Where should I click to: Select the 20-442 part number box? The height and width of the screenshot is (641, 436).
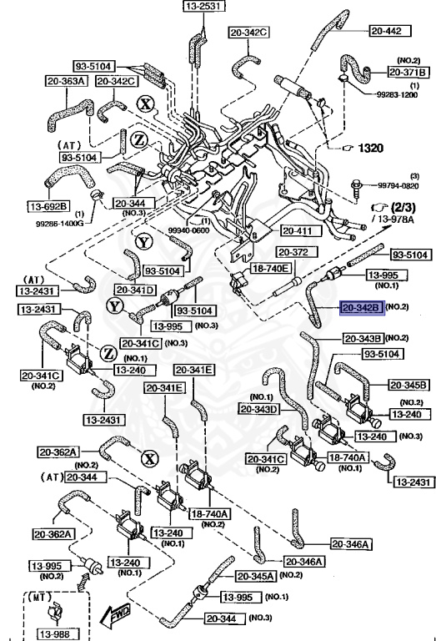click(x=386, y=31)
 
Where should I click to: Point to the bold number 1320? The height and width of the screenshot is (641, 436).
click(x=370, y=148)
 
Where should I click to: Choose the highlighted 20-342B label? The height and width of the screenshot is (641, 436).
click(x=360, y=308)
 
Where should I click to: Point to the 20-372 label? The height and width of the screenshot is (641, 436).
click(x=293, y=251)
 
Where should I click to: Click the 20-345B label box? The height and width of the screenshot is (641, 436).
click(x=408, y=386)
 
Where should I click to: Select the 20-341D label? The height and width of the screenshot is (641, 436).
click(x=134, y=290)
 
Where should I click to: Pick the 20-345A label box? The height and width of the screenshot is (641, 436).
click(x=256, y=576)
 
